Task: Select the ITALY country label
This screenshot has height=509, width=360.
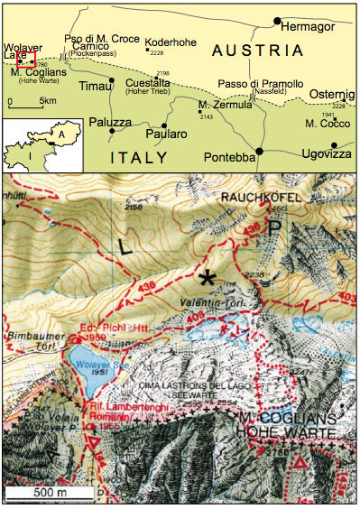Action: pyautogui.click(x=139, y=158)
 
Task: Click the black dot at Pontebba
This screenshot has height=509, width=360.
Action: pyautogui.click(x=259, y=151)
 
